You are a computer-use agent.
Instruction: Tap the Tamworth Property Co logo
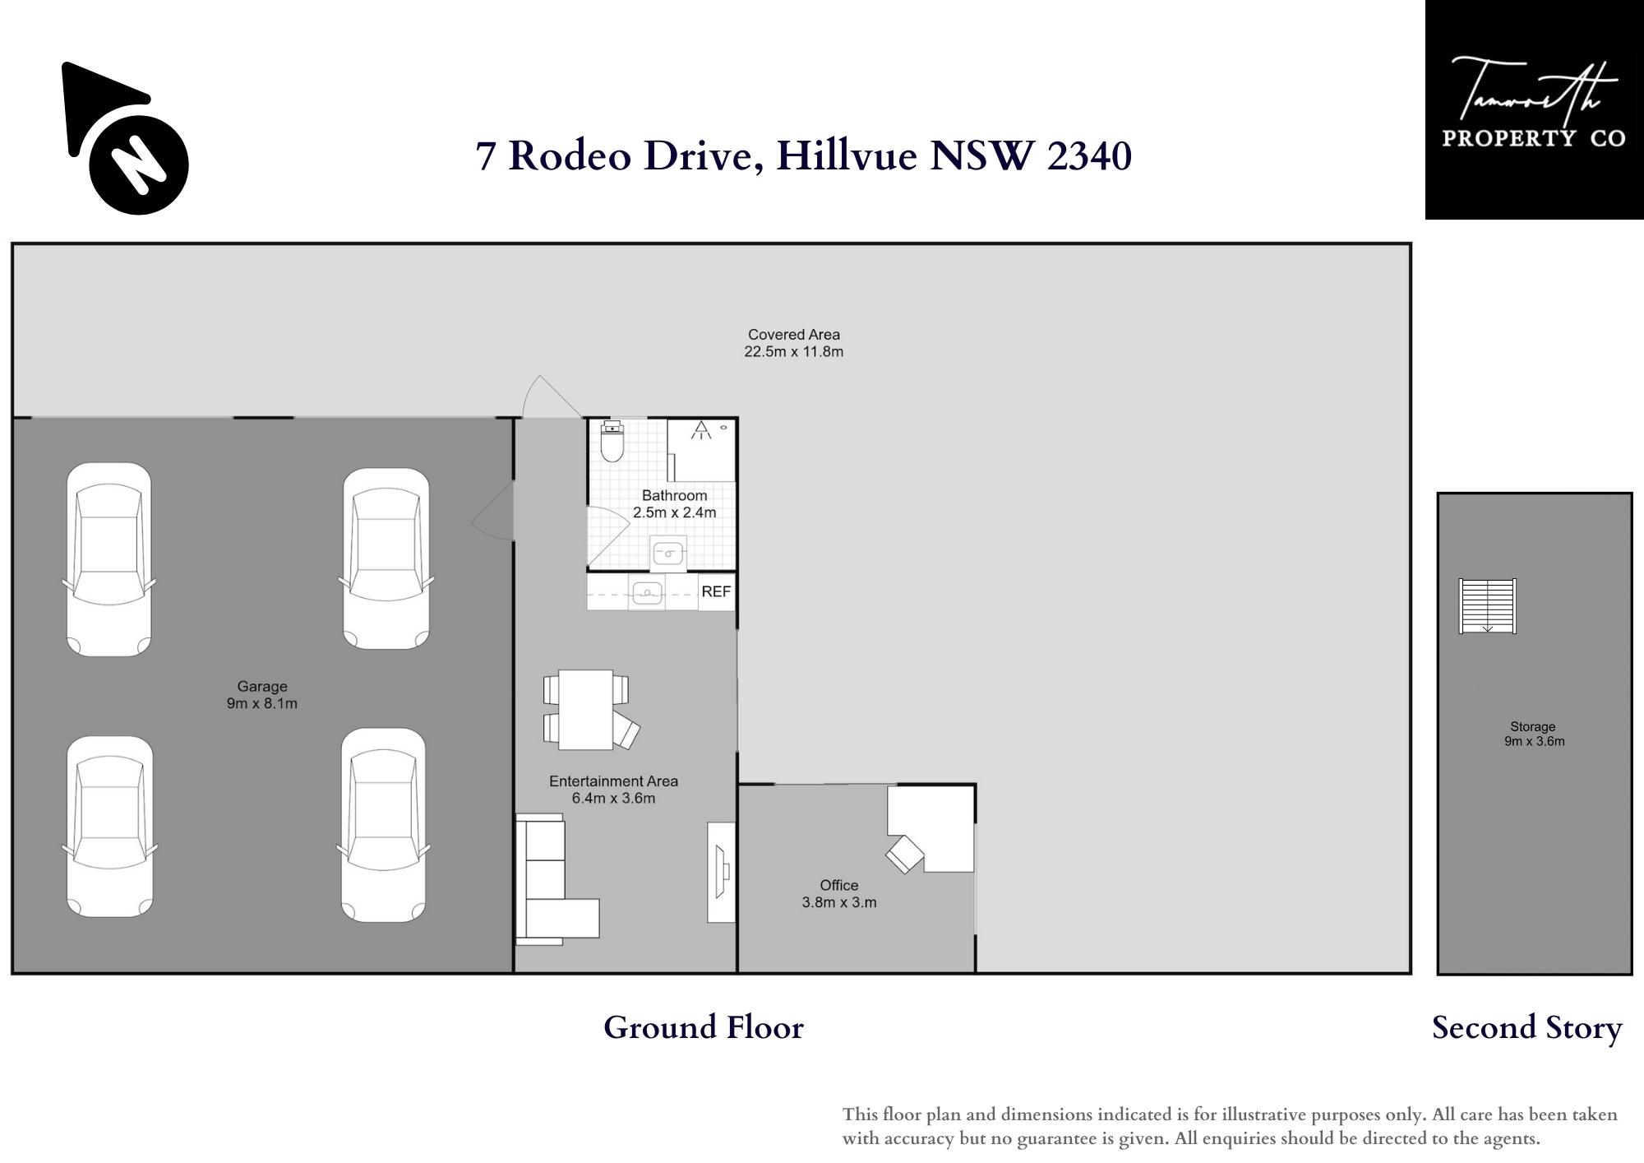tap(1534, 109)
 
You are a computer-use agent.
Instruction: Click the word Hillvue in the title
tap(846, 155)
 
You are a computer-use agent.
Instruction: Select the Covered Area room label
tap(794, 343)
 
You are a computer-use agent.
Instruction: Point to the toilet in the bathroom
tap(612, 442)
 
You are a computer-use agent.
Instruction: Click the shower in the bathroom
tap(701, 450)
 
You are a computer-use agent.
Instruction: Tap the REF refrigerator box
tap(716, 592)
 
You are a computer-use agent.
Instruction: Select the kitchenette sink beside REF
tap(648, 593)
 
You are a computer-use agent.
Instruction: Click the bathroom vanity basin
tap(668, 553)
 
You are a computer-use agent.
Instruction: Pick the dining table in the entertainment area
tap(585, 709)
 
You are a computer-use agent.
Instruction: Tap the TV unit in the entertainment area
tap(722, 872)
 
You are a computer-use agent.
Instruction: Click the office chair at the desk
tap(905, 855)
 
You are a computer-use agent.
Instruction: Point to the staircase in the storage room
tap(1487, 606)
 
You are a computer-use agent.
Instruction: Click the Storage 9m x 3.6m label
tap(1534, 734)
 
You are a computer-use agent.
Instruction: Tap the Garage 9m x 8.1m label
tap(262, 695)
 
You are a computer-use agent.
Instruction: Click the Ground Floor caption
tap(704, 1027)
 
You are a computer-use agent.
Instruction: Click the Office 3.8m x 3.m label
tap(839, 894)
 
